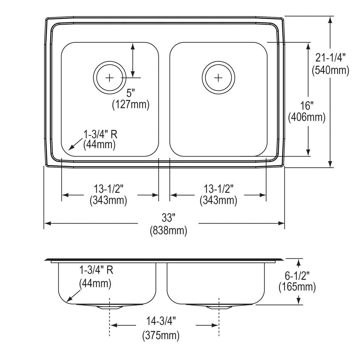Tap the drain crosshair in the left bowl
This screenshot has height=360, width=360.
tap(110, 78)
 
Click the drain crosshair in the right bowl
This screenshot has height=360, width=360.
tap(218, 78)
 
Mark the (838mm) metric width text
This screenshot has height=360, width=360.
tap(168, 230)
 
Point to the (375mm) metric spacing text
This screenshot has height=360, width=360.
tap(161, 335)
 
